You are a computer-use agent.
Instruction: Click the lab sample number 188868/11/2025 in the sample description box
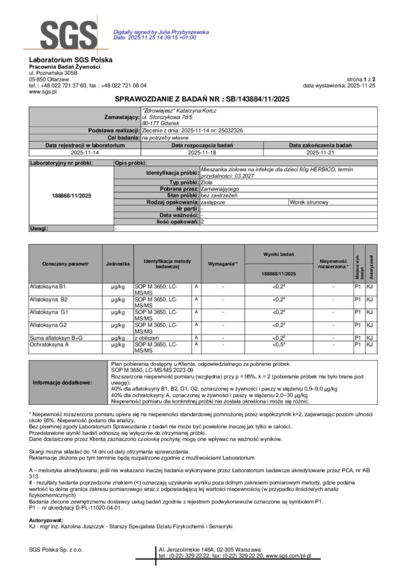coord(71,196)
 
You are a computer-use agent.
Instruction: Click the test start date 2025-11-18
coord(201,151)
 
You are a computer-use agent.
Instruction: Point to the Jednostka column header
coord(118,263)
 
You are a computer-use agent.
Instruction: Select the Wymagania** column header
coord(223,263)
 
